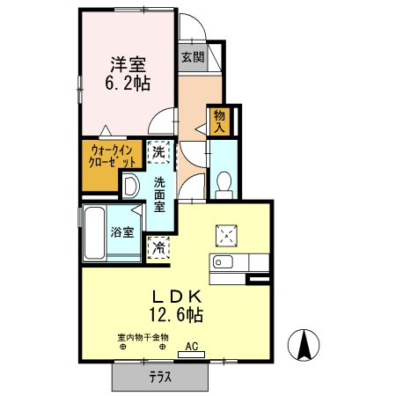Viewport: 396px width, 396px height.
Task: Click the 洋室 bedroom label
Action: point(128,64)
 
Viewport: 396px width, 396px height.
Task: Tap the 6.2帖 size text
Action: point(128,84)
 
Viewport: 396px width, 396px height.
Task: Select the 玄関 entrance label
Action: point(193,57)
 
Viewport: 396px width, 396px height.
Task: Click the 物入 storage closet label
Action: point(219,121)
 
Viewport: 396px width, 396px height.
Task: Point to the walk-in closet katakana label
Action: point(112,156)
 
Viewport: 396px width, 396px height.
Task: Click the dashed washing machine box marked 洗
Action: point(158,152)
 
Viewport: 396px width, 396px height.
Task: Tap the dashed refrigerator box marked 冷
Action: point(158,248)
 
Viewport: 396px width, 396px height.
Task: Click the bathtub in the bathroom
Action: point(94,233)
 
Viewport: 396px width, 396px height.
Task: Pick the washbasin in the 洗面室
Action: point(129,186)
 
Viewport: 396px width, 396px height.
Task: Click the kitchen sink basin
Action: point(223,261)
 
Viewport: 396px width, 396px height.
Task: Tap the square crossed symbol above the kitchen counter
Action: point(226,236)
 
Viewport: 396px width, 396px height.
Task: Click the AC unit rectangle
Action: point(191,355)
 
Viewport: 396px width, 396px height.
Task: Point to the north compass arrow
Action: point(304,344)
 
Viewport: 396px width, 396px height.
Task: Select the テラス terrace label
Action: point(160,377)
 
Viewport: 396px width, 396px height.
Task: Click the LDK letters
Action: point(177,297)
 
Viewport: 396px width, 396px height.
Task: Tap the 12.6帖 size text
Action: point(177,314)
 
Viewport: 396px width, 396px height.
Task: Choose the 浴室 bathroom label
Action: point(122,232)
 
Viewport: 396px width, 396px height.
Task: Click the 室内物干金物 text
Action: point(143,338)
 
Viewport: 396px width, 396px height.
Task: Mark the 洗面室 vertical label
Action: point(159,194)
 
